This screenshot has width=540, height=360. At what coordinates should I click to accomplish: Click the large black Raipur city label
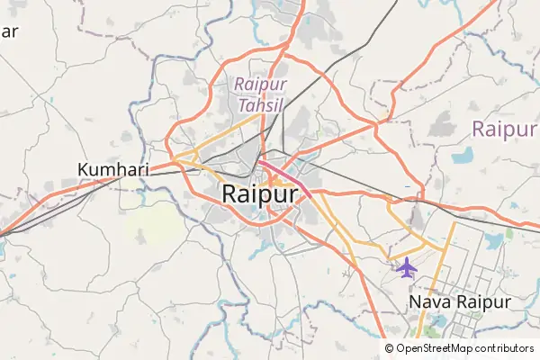(x=259, y=193)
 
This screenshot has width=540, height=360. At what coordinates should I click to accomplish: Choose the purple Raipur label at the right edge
(x=505, y=130)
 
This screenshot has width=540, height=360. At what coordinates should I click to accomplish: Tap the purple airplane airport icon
(x=407, y=267)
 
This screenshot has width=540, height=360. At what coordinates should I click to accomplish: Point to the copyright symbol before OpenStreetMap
(x=390, y=347)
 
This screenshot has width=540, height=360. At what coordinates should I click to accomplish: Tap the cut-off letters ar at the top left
(x=9, y=32)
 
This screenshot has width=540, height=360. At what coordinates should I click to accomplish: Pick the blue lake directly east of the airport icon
(x=493, y=241)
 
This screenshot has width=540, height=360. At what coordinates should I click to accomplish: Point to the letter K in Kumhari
(x=85, y=169)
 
